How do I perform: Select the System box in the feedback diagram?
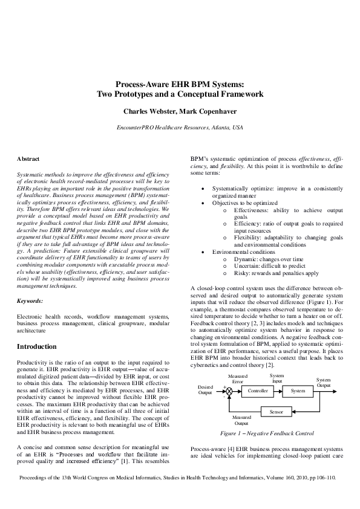pyautogui.click(x=298, y=391)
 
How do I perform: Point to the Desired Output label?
pyautogui.click(x=206, y=389)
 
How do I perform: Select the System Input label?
pyautogui.click(x=277, y=378)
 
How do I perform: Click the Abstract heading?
pyautogui.click(x=28, y=158)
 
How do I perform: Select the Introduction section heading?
pyautogui.click(x=37, y=346)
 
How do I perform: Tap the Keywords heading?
pyautogui.click(x=30, y=300)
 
